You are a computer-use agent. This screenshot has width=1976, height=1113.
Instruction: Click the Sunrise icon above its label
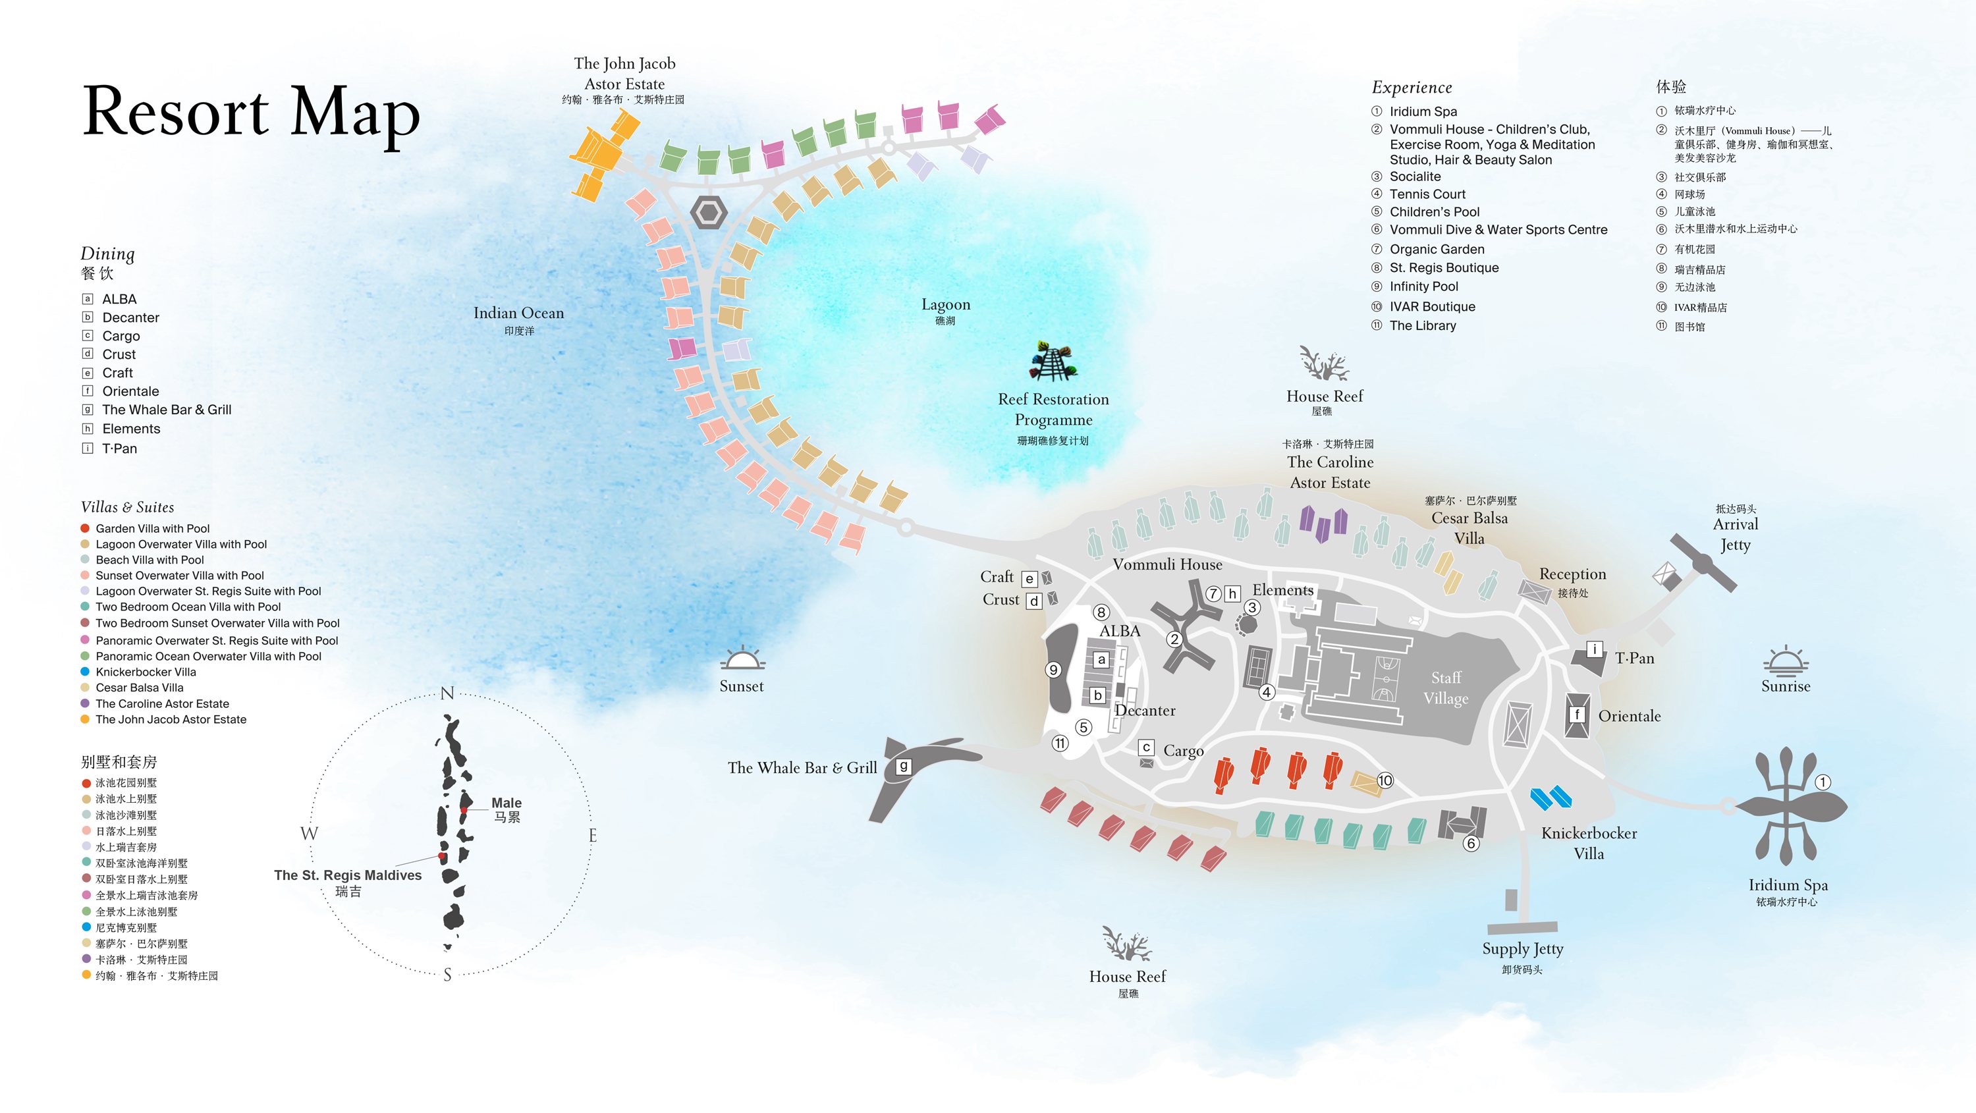tap(1786, 660)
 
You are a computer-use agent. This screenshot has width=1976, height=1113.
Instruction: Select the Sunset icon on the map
tap(742, 659)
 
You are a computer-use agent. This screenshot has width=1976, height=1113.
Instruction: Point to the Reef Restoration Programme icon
tap(1053, 362)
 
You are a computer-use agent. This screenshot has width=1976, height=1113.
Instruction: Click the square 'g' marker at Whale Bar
tap(904, 765)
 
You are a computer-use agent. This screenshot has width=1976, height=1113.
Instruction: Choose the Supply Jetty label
tap(1523, 949)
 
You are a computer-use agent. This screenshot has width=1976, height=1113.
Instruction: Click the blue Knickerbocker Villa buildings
tap(1551, 798)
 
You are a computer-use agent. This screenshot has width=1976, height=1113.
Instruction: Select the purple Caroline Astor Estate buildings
tap(1324, 522)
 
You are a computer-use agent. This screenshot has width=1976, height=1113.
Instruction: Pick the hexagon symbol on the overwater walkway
tap(709, 211)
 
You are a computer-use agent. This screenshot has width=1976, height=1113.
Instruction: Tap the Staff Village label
tap(1446, 688)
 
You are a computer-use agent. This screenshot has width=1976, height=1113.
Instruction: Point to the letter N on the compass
tap(447, 693)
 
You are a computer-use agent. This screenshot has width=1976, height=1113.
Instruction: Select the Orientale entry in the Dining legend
tap(130, 391)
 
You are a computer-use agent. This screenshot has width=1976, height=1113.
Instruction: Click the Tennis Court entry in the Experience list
tap(1427, 194)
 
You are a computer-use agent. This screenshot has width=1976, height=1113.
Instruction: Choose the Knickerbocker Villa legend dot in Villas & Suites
tap(86, 672)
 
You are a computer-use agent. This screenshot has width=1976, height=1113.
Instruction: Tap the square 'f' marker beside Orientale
tap(1577, 714)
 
